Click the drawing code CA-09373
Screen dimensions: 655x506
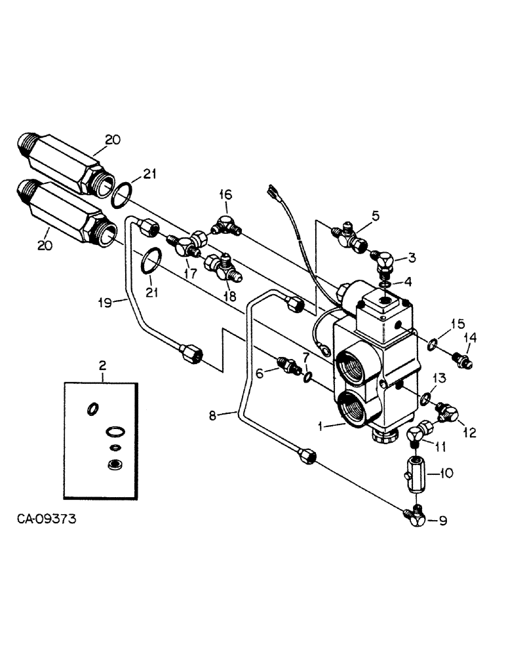click(x=47, y=519)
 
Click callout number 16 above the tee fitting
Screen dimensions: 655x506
click(x=225, y=195)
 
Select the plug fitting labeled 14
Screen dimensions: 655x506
click(x=462, y=360)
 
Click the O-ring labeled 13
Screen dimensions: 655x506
click(x=426, y=398)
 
